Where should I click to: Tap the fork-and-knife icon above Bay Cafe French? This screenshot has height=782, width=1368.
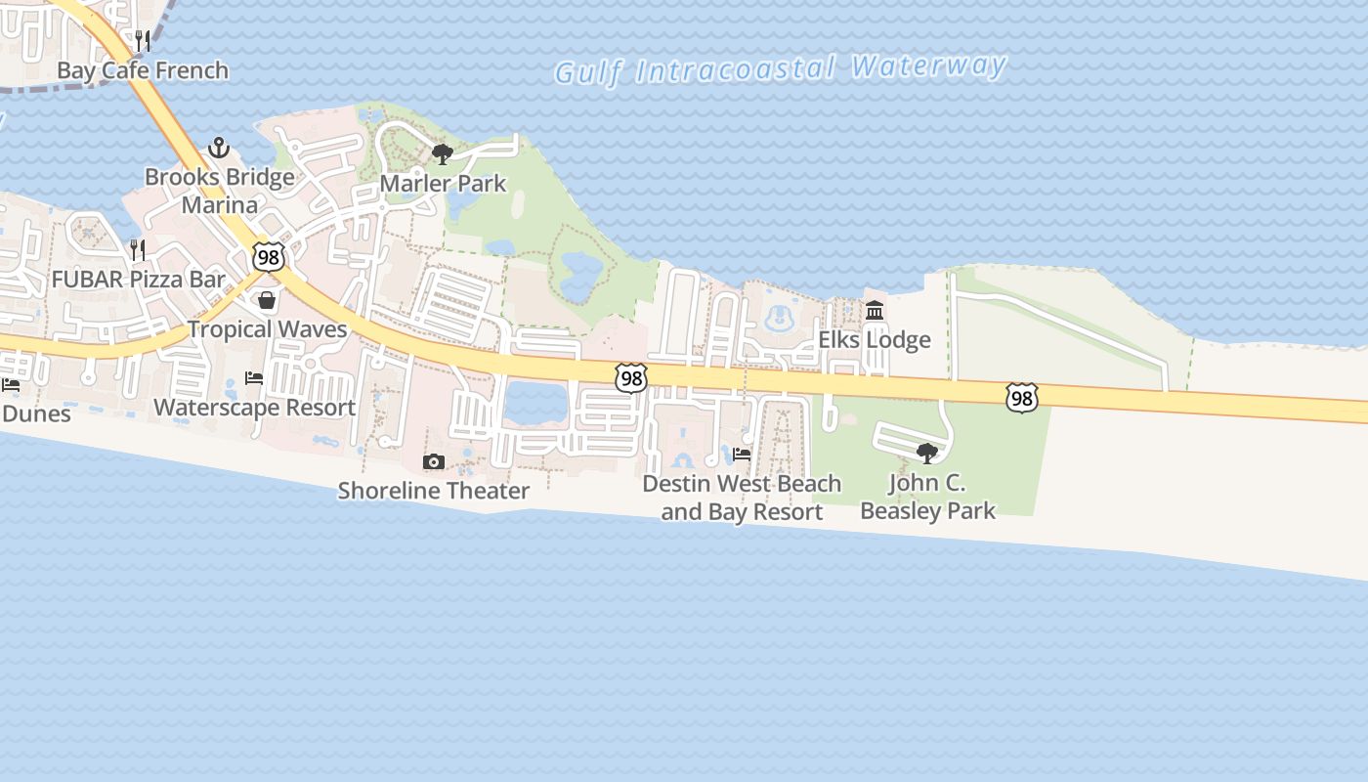pyautogui.click(x=143, y=41)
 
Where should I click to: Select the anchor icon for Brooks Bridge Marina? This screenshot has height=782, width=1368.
pyautogui.click(x=219, y=149)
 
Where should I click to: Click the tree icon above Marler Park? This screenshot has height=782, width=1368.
pyautogui.click(x=443, y=153)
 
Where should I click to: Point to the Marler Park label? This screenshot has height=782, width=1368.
pyautogui.click(x=443, y=183)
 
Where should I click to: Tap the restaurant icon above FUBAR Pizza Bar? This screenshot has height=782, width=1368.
pyautogui.click(x=138, y=250)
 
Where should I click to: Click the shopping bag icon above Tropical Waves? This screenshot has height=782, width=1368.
pyautogui.click(x=267, y=299)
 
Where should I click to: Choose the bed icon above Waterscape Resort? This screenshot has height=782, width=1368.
pyautogui.click(x=254, y=378)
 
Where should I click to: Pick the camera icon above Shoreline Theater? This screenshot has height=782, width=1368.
pyautogui.click(x=433, y=461)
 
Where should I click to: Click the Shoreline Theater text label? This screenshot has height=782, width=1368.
pyautogui.click(x=433, y=491)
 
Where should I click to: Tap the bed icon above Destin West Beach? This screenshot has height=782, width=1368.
pyautogui.click(x=742, y=455)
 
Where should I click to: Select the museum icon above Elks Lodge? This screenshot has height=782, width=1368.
pyautogui.click(x=875, y=311)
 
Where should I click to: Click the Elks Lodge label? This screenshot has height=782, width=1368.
pyautogui.click(x=875, y=340)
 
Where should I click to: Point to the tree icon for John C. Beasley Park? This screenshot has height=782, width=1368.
pyautogui.click(x=927, y=453)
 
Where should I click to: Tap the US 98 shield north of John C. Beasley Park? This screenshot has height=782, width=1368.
pyautogui.click(x=1021, y=397)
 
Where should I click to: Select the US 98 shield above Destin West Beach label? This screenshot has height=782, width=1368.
pyautogui.click(x=631, y=378)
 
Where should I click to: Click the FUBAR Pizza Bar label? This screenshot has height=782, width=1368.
pyautogui.click(x=138, y=280)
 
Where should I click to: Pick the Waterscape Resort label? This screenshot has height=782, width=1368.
pyautogui.click(x=254, y=408)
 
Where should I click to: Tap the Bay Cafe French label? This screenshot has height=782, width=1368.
pyautogui.click(x=143, y=70)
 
